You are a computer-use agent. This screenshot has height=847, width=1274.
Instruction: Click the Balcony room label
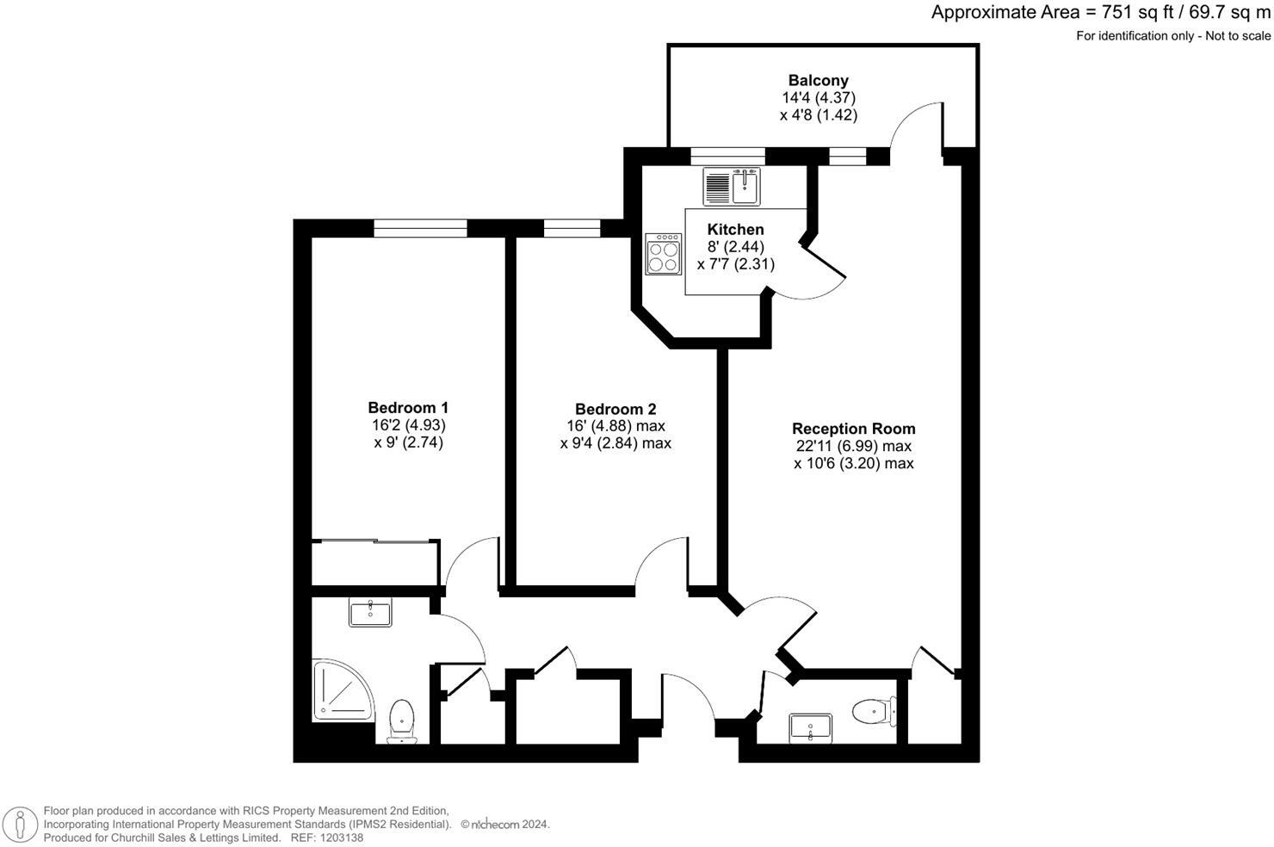pos(819,81)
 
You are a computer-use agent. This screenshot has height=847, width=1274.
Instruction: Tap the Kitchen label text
pos(735,229)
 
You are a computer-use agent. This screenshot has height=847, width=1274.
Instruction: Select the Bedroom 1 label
pos(408,408)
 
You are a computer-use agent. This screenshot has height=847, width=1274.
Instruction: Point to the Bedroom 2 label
pos(615,410)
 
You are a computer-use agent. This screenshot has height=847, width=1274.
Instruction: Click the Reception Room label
pos(853,429)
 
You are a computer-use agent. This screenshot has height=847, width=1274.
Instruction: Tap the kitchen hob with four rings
pos(664,254)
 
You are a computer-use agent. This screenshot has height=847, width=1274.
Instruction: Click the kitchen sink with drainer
pos(733,187)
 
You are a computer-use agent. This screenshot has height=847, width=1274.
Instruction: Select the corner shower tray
pos(343,689)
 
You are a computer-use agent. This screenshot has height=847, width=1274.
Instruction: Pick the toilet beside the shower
pos(402,720)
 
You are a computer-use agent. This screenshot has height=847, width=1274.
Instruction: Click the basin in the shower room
pos(370,613)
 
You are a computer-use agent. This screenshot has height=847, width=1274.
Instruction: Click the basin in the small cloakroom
pos(811,727)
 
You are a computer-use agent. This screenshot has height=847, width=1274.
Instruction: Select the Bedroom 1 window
pos(420,228)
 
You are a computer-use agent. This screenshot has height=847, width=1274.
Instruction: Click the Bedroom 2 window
pos(572,228)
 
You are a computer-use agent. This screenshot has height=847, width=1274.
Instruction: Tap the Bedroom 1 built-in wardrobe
pos(375,563)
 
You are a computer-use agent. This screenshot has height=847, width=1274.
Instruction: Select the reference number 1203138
pos(339,838)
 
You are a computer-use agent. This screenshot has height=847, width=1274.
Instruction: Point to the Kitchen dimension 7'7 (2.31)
pos(735,264)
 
